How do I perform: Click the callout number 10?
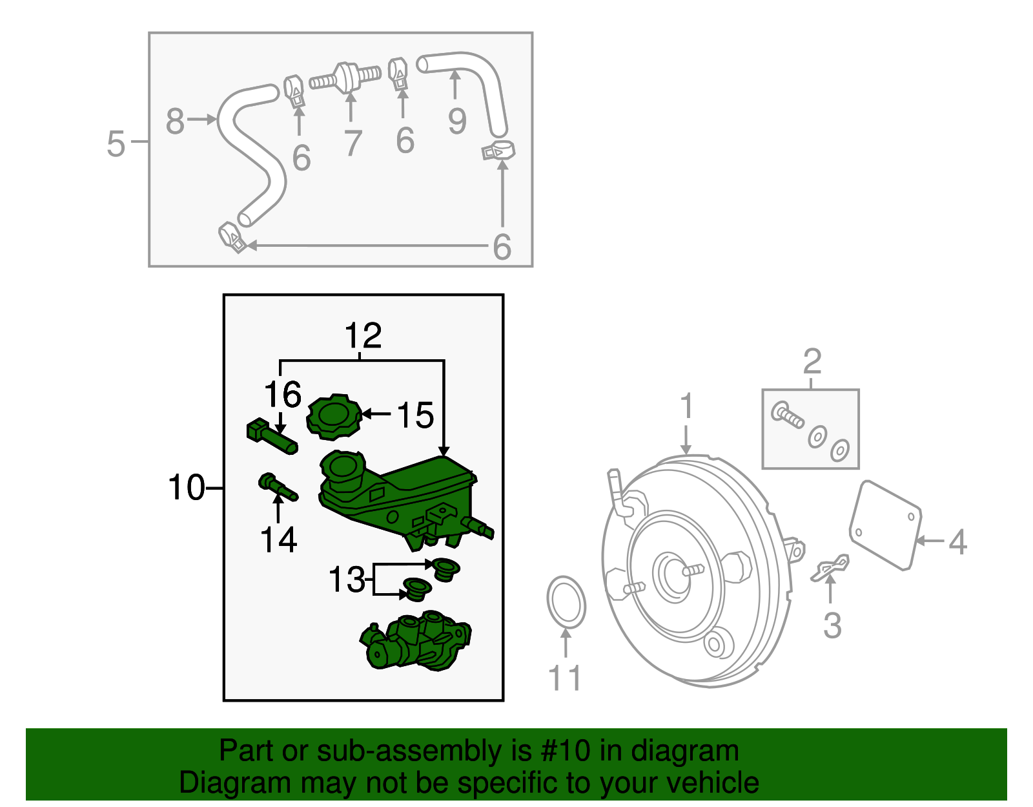point(186,488)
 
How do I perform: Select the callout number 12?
point(363,337)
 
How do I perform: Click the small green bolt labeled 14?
point(278,488)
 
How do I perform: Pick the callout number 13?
point(347,580)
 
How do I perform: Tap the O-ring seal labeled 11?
point(566,602)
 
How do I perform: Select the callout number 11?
point(565,678)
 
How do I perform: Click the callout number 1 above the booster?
point(686,407)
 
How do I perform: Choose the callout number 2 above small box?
point(812,362)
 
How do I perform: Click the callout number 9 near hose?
point(457,121)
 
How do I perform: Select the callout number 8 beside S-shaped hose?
point(175,121)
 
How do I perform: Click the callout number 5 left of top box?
point(116,143)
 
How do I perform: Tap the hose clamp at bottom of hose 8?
point(232,237)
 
